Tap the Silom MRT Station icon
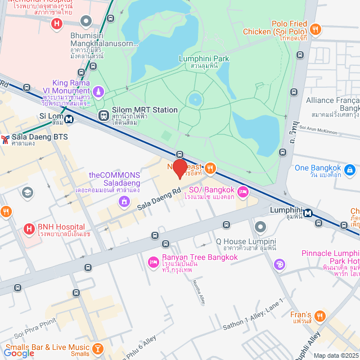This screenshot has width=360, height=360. pyautogui.click(x=103, y=115)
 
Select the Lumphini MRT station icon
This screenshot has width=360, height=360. pyautogui.click(x=308, y=213)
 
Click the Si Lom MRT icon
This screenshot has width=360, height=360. pyautogui.click(x=69, y=119)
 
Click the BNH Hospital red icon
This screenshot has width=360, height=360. pyautogui.click(x=29, y=229)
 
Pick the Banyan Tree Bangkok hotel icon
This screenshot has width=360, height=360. pyautogui.click(x=152, y=262)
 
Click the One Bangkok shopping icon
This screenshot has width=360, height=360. pyautogui.click(x=349, y=169)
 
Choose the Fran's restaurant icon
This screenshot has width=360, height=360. pyautogui.click(x=320, y=316)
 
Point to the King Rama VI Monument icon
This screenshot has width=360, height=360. pyautogui.click(x=99, y=91)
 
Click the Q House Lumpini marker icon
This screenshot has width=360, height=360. pyautogui.click(x=260, y=227)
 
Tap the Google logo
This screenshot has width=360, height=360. pyautogui.click(x=19, y=353)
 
